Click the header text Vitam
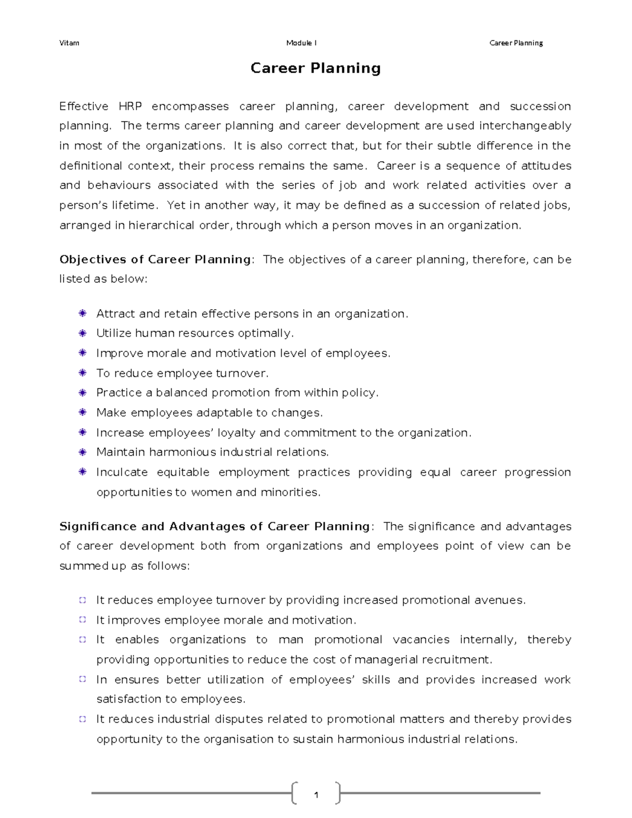(69, 43)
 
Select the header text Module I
(301, 43)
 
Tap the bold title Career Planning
(315, 68)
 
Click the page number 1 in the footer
(316, 795)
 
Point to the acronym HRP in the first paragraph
(130, 106)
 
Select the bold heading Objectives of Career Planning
(155, 259)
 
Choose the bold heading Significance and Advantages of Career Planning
(214, 526)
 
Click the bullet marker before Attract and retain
(83, 314)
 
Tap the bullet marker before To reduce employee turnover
(83, 373)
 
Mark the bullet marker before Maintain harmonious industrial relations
(83, 452)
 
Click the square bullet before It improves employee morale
(83, 620)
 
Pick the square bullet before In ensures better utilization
(83, 679)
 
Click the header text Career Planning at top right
(516, 43)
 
